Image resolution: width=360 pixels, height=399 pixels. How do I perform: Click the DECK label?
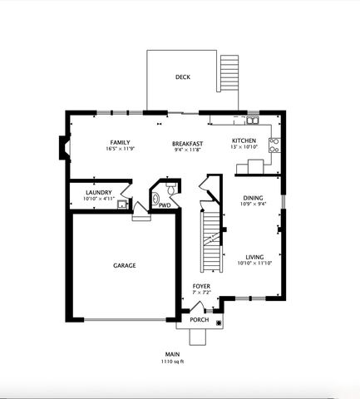click(x=183, y=77)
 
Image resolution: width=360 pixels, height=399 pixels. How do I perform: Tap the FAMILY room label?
click(x=121, y=143)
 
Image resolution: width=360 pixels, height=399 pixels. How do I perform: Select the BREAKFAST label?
click(x=188, y=143)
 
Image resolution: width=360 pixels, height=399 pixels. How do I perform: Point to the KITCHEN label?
click(x=244, y=140)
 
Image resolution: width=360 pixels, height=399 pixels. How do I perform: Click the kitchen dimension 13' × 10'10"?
click(x=244, y=149)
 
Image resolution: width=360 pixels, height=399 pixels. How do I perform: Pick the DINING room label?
click(x=253, y=198)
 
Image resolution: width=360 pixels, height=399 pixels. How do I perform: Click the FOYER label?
click(x=201, y=287)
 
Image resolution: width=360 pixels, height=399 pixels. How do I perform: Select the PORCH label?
click(x=200, y=319)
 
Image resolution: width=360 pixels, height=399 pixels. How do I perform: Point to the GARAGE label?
click(x=125, y=265)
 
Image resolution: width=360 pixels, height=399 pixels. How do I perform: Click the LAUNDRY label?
click(x=98, y=193)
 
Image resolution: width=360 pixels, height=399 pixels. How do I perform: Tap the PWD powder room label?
click(x=165, y=205)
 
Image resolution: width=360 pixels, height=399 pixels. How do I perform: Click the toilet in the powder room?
click(x=155, y=199)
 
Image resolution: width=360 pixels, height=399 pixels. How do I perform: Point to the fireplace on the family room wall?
click(x=62, y=148)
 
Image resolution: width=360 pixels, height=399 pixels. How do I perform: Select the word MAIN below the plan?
click(x=172, y=354)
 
